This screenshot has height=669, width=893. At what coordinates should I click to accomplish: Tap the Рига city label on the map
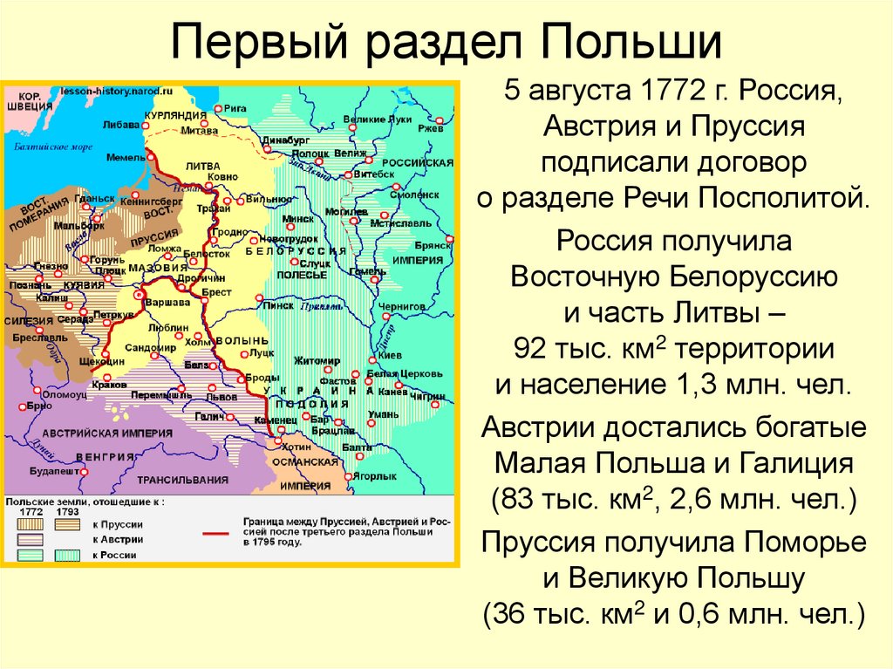pos(235,108)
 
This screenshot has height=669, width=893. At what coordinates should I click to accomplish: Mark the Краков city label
pos(102,385)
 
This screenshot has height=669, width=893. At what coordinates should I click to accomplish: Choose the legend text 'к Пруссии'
pos(117,524)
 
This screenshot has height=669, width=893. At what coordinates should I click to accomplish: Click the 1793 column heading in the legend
pos(66,512)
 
